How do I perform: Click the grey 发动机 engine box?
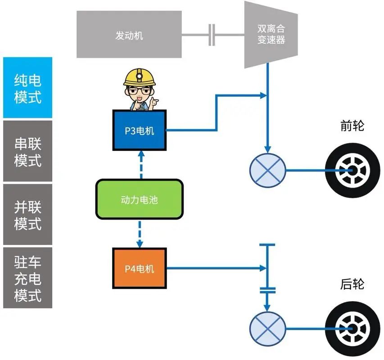tap(129, 35)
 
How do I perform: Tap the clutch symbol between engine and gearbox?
tap(212, 35)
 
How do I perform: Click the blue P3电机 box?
tap(139, 130)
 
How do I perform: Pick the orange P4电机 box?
tap(139, 268)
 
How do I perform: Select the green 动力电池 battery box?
tap(139, 199)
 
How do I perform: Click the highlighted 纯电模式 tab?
tap(27, 88)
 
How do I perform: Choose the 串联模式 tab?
tap(27, 152)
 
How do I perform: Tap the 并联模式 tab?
tap(27, 215)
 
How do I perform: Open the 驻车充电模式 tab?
tap(27, 278)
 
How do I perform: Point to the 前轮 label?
tap(352, 126)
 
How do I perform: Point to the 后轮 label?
tap(352, 284)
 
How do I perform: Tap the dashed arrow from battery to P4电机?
tap(140, 234)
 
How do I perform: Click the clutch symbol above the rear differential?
tap(267, 289)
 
